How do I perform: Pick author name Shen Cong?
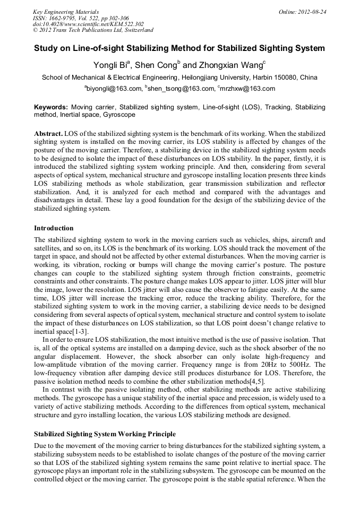(x=157, y=65)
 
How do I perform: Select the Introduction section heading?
(x=54, y=228)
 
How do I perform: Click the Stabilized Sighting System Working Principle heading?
(x=105, y=434)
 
